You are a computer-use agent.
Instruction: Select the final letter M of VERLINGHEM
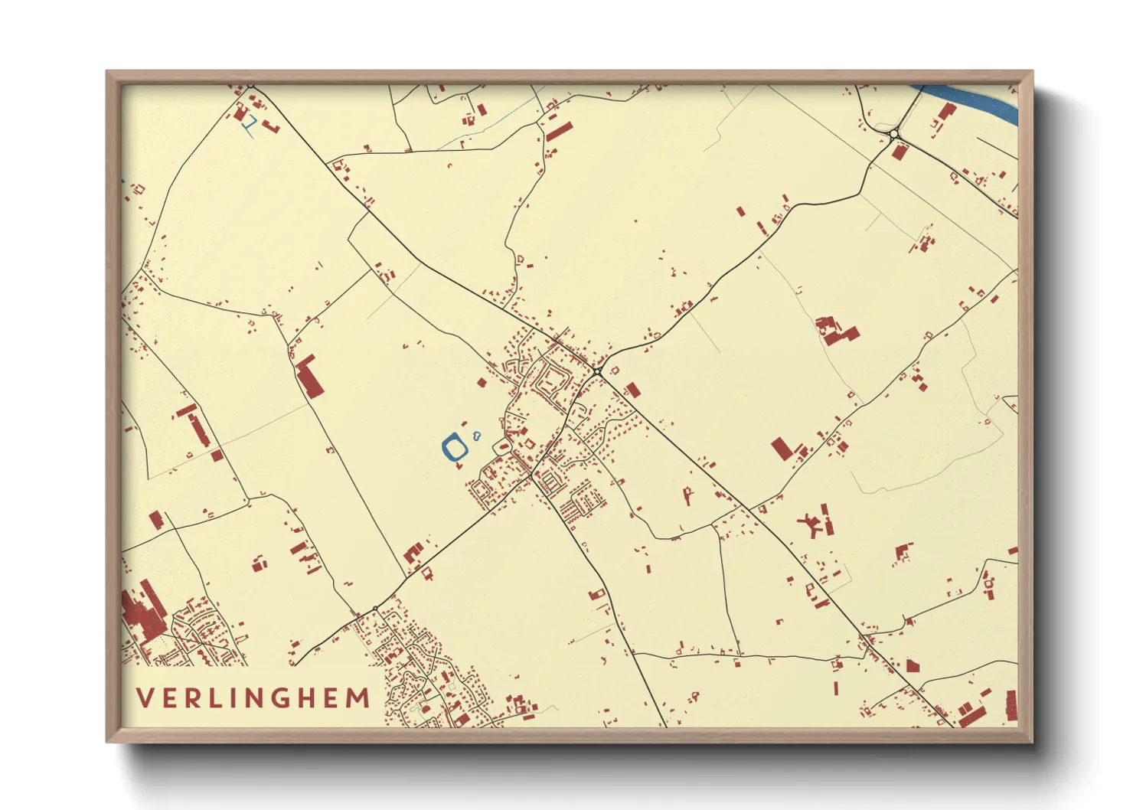[358, 698]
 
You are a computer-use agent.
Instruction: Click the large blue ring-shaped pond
[455, 447]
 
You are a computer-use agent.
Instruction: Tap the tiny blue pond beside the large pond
[477, 437]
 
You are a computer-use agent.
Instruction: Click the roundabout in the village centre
[597, 371]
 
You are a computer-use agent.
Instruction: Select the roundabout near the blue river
[893, 134]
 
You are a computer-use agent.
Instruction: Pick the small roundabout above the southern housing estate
[374, 609]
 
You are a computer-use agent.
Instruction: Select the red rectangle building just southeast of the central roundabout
[632, 390]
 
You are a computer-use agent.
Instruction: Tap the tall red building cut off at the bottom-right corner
[1011, 704]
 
